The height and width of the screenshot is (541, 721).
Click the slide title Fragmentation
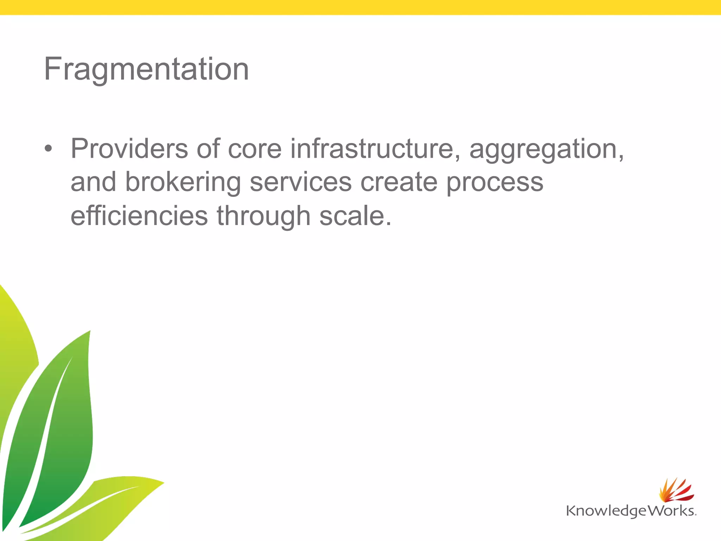(x=146, y=69)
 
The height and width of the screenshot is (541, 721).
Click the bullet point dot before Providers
(x=48, y=149)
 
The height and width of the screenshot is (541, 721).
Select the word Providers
(x=129, y=149)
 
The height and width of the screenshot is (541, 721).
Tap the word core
(x=255, y=149)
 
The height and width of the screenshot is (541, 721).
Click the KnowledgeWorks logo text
(x=630, y=511)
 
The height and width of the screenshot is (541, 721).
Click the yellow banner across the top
(x=360, y=7)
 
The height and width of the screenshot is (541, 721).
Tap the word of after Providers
(x=208, y=149)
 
